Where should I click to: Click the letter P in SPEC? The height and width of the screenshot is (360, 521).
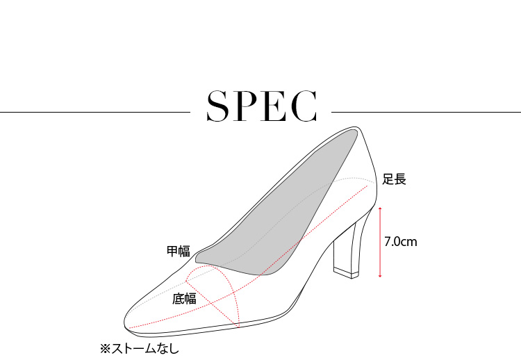(x=247, y=106)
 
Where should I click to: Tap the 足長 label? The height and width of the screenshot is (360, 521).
(x=394, y=179)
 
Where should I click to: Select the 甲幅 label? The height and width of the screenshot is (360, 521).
(x=178, y=251)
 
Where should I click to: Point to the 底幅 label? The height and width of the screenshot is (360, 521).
(x=184, y=299)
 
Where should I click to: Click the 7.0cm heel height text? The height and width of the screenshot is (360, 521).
(x=400, y=242)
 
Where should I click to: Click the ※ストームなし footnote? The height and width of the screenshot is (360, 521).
(x=140, y=347)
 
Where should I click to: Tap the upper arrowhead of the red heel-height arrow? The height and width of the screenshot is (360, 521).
(x=380, y=208)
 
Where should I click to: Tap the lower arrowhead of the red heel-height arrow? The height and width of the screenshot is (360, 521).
(x=380, y=276)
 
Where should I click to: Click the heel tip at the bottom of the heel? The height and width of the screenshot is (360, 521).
(x=345, y=272)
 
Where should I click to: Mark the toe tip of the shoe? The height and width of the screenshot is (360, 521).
(x=126, y=325)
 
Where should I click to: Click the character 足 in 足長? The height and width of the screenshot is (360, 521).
(x=388, y=179)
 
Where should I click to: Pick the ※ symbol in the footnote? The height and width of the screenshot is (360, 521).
(x=106, y=347)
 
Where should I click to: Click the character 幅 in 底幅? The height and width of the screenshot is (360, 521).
(x=190, y=299)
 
